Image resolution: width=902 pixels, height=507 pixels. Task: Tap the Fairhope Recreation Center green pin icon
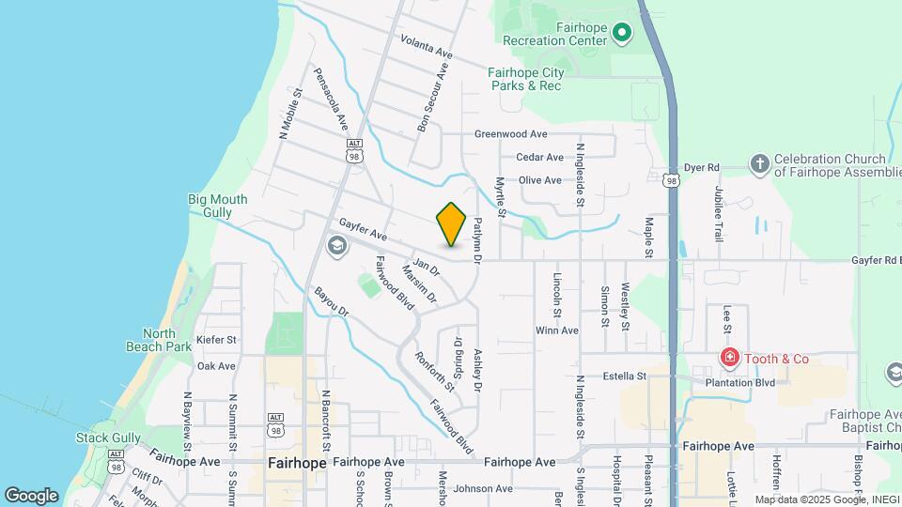click(621, 34)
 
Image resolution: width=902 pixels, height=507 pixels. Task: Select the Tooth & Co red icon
click(728, 358)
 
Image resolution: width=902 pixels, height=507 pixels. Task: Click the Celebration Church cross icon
click(759, 165)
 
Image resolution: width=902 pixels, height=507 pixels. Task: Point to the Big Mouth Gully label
click(217, 206)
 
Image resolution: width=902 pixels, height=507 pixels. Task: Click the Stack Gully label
click(109, 438)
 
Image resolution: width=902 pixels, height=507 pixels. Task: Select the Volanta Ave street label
click(426, 47)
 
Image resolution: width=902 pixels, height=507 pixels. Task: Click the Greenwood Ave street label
click(510, 134)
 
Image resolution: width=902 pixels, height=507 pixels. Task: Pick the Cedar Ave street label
click(539, 157)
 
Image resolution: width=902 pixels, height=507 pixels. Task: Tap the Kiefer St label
click(217, 339)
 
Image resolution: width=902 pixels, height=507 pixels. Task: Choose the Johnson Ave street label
click(483, 488)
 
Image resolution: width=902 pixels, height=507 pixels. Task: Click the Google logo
click(31, 496)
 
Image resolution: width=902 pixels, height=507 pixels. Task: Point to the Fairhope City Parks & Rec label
click(524, 79)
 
